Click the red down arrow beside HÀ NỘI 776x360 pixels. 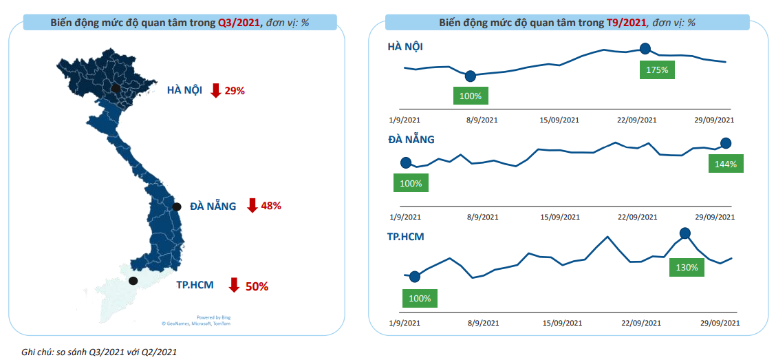215,90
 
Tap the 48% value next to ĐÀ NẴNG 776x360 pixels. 271,206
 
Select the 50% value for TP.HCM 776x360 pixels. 257,286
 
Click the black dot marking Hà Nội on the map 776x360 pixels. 116,88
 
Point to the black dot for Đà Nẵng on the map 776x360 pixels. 177,207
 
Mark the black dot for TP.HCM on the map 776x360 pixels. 133,280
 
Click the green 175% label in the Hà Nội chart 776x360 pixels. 657,70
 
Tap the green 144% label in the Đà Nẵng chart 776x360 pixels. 725,165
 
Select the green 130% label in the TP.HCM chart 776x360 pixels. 686,267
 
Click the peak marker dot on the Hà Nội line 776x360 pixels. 645,48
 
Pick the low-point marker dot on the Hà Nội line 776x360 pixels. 470,76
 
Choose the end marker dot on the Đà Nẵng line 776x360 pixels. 725,143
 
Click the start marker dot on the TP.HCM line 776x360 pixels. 414,277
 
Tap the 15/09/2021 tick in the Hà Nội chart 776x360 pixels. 559,120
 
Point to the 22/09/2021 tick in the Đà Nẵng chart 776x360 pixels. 637,218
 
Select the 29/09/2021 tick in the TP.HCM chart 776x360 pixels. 720,322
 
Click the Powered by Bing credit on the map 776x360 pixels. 213,317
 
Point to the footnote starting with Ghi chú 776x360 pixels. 99,352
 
